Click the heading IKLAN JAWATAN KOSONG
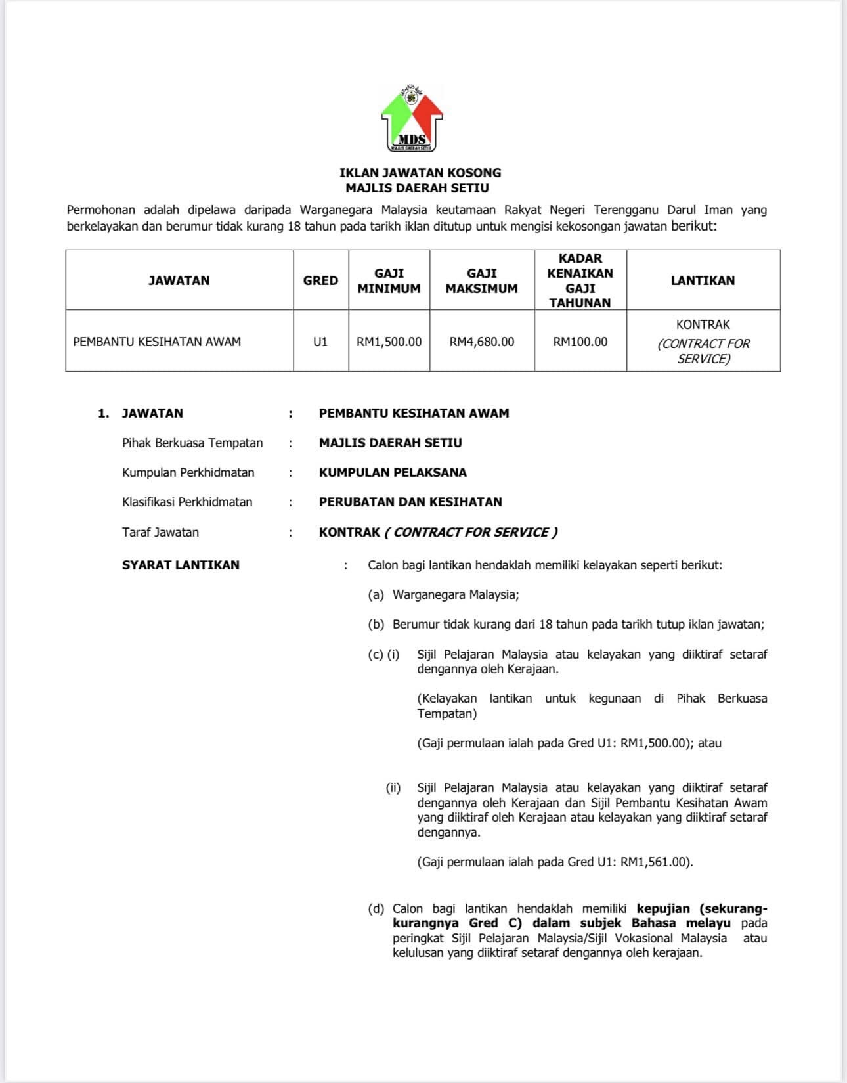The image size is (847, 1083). coord(420,173)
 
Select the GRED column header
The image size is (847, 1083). coord(320,280)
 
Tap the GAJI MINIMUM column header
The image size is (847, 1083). coord(389,280)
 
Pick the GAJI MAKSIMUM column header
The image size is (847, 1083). coord(481,280)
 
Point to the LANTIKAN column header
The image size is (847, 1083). coord(703,280)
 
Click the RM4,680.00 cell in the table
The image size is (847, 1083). coord(482,342)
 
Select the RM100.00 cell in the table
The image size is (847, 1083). coord(580,342)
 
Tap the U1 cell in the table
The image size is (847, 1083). coord(320,342)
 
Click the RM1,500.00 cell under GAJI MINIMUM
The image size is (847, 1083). coord(389,342)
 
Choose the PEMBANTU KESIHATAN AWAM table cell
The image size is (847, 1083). coord(157,342)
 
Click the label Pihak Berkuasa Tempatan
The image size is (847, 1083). coord(192,443)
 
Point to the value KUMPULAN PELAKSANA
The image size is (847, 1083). coord(393,472)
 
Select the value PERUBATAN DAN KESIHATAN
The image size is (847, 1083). coord(410,502)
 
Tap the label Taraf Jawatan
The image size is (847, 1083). coord(160,532)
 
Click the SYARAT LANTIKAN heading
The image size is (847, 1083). coord(181,565)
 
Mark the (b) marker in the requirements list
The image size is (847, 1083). coord(376,625)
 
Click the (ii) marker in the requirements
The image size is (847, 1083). coord(393,787)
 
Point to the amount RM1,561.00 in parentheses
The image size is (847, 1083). coord(654,862)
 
